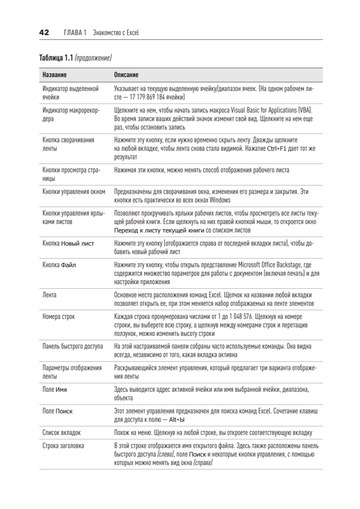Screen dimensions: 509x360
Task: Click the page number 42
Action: click(x=44, y=33)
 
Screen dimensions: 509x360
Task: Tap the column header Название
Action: click(x=54, y=75)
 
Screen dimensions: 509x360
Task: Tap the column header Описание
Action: click(x=126, y=75)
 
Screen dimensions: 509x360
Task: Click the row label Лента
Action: click(x=50, y=294)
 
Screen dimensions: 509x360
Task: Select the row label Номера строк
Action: click(x=59, y=317)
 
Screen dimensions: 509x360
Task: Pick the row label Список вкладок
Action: click(x=61, y=433)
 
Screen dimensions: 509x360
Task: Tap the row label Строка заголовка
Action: click(x=63, y=446)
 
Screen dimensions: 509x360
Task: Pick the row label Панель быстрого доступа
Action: click(x=73, y=347)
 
